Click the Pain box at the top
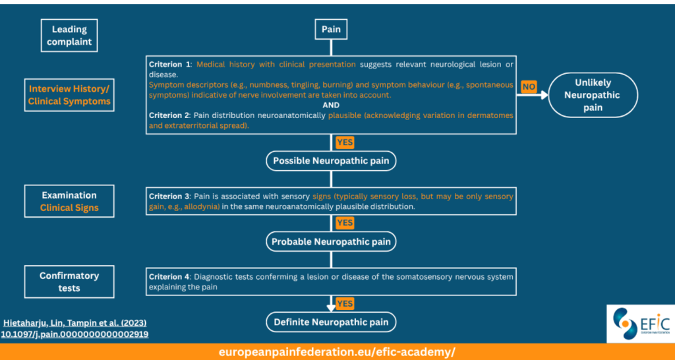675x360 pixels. (x=331, y=30)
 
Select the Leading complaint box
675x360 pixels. (x=69, y=36)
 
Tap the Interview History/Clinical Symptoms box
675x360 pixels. (x=69, y=95)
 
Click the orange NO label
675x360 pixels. (x=529, y=87)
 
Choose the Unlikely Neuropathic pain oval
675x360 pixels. (x=593, y=95)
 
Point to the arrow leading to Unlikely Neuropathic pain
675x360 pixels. (x=532, y=95)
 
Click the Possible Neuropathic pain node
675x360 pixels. (x=331, y=161)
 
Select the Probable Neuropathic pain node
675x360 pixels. (x=331, y=241)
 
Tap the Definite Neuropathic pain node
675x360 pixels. (x=331, y=322)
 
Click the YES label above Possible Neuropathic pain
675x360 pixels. (x=345, y=142)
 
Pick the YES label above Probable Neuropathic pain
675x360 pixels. (x=345, y=223)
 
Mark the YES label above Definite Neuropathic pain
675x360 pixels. (x=345, y=303)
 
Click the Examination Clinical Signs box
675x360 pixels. (x=69, y=201)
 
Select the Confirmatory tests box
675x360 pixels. (x=69, y=282)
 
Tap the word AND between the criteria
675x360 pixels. (x=331, y=105)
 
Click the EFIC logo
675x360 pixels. (x=641, y=324)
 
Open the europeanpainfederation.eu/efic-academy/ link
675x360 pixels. (x=337, y=352)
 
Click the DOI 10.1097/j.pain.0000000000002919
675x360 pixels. (x=75, y=334)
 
